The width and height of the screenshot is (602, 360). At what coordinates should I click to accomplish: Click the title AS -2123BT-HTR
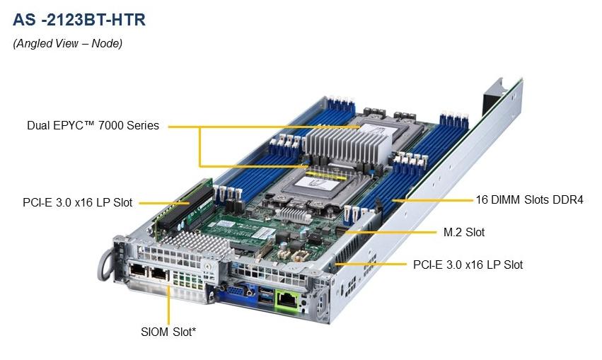(79, 20)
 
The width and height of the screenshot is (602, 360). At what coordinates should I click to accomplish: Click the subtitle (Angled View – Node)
(68, 44)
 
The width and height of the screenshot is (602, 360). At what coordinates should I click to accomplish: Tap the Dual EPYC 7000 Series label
(93, 126)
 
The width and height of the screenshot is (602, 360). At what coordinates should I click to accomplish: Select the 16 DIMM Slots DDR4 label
(530, 200)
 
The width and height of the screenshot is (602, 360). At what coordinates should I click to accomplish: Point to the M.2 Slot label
(464, 232)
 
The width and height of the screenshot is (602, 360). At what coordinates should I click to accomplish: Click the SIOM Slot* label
(168, 330)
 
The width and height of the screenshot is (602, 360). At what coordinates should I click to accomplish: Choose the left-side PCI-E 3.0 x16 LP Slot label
(77, 203)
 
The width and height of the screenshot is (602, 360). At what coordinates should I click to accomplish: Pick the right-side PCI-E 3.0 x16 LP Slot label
(468, 265)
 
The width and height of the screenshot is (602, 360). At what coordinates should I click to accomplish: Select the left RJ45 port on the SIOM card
(137, 271)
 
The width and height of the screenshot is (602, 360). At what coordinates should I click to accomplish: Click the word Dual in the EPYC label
(39, 126)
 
